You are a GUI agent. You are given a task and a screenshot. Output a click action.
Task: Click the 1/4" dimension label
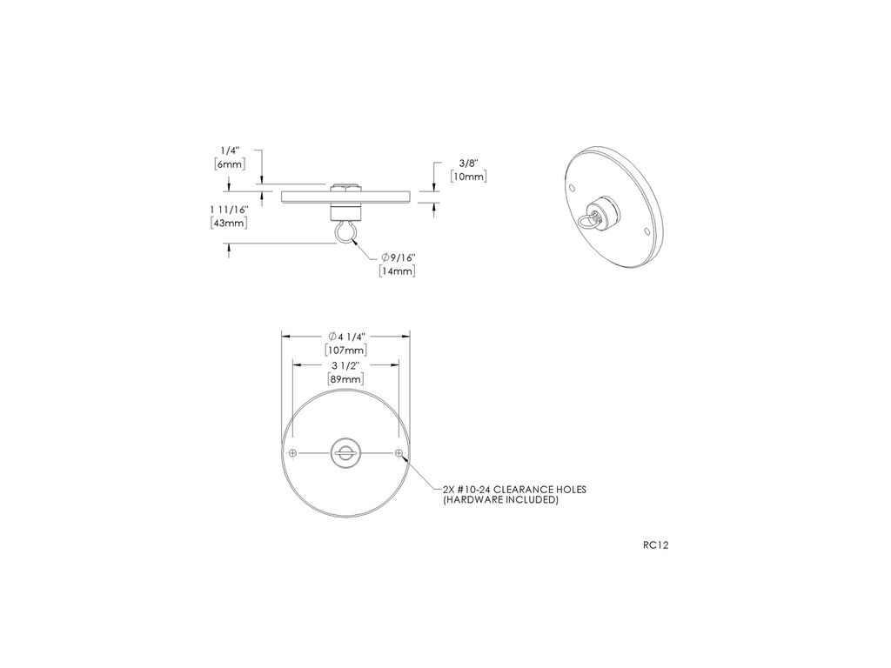pyautogui.click(x=230, y=150)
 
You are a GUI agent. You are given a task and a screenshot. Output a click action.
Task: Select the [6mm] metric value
pyautogui.click(x=230, y=164)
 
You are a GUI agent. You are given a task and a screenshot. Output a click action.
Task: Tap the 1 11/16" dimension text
pyautogui.click(x=230, y=210)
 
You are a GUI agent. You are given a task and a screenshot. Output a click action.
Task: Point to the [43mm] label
pyautogui.click(x=230, y=224)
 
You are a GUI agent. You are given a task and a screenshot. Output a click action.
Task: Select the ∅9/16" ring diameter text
pyautogui.click(x=399, y=257)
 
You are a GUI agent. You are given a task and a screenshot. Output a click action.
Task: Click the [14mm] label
pyautogui.click(x=397, y=271)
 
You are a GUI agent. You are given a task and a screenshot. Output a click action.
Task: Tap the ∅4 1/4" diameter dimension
pyautogui.click(x=346, y=337)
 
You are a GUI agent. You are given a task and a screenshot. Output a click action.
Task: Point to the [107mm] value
pyautogui.click(x=346, y=350)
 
